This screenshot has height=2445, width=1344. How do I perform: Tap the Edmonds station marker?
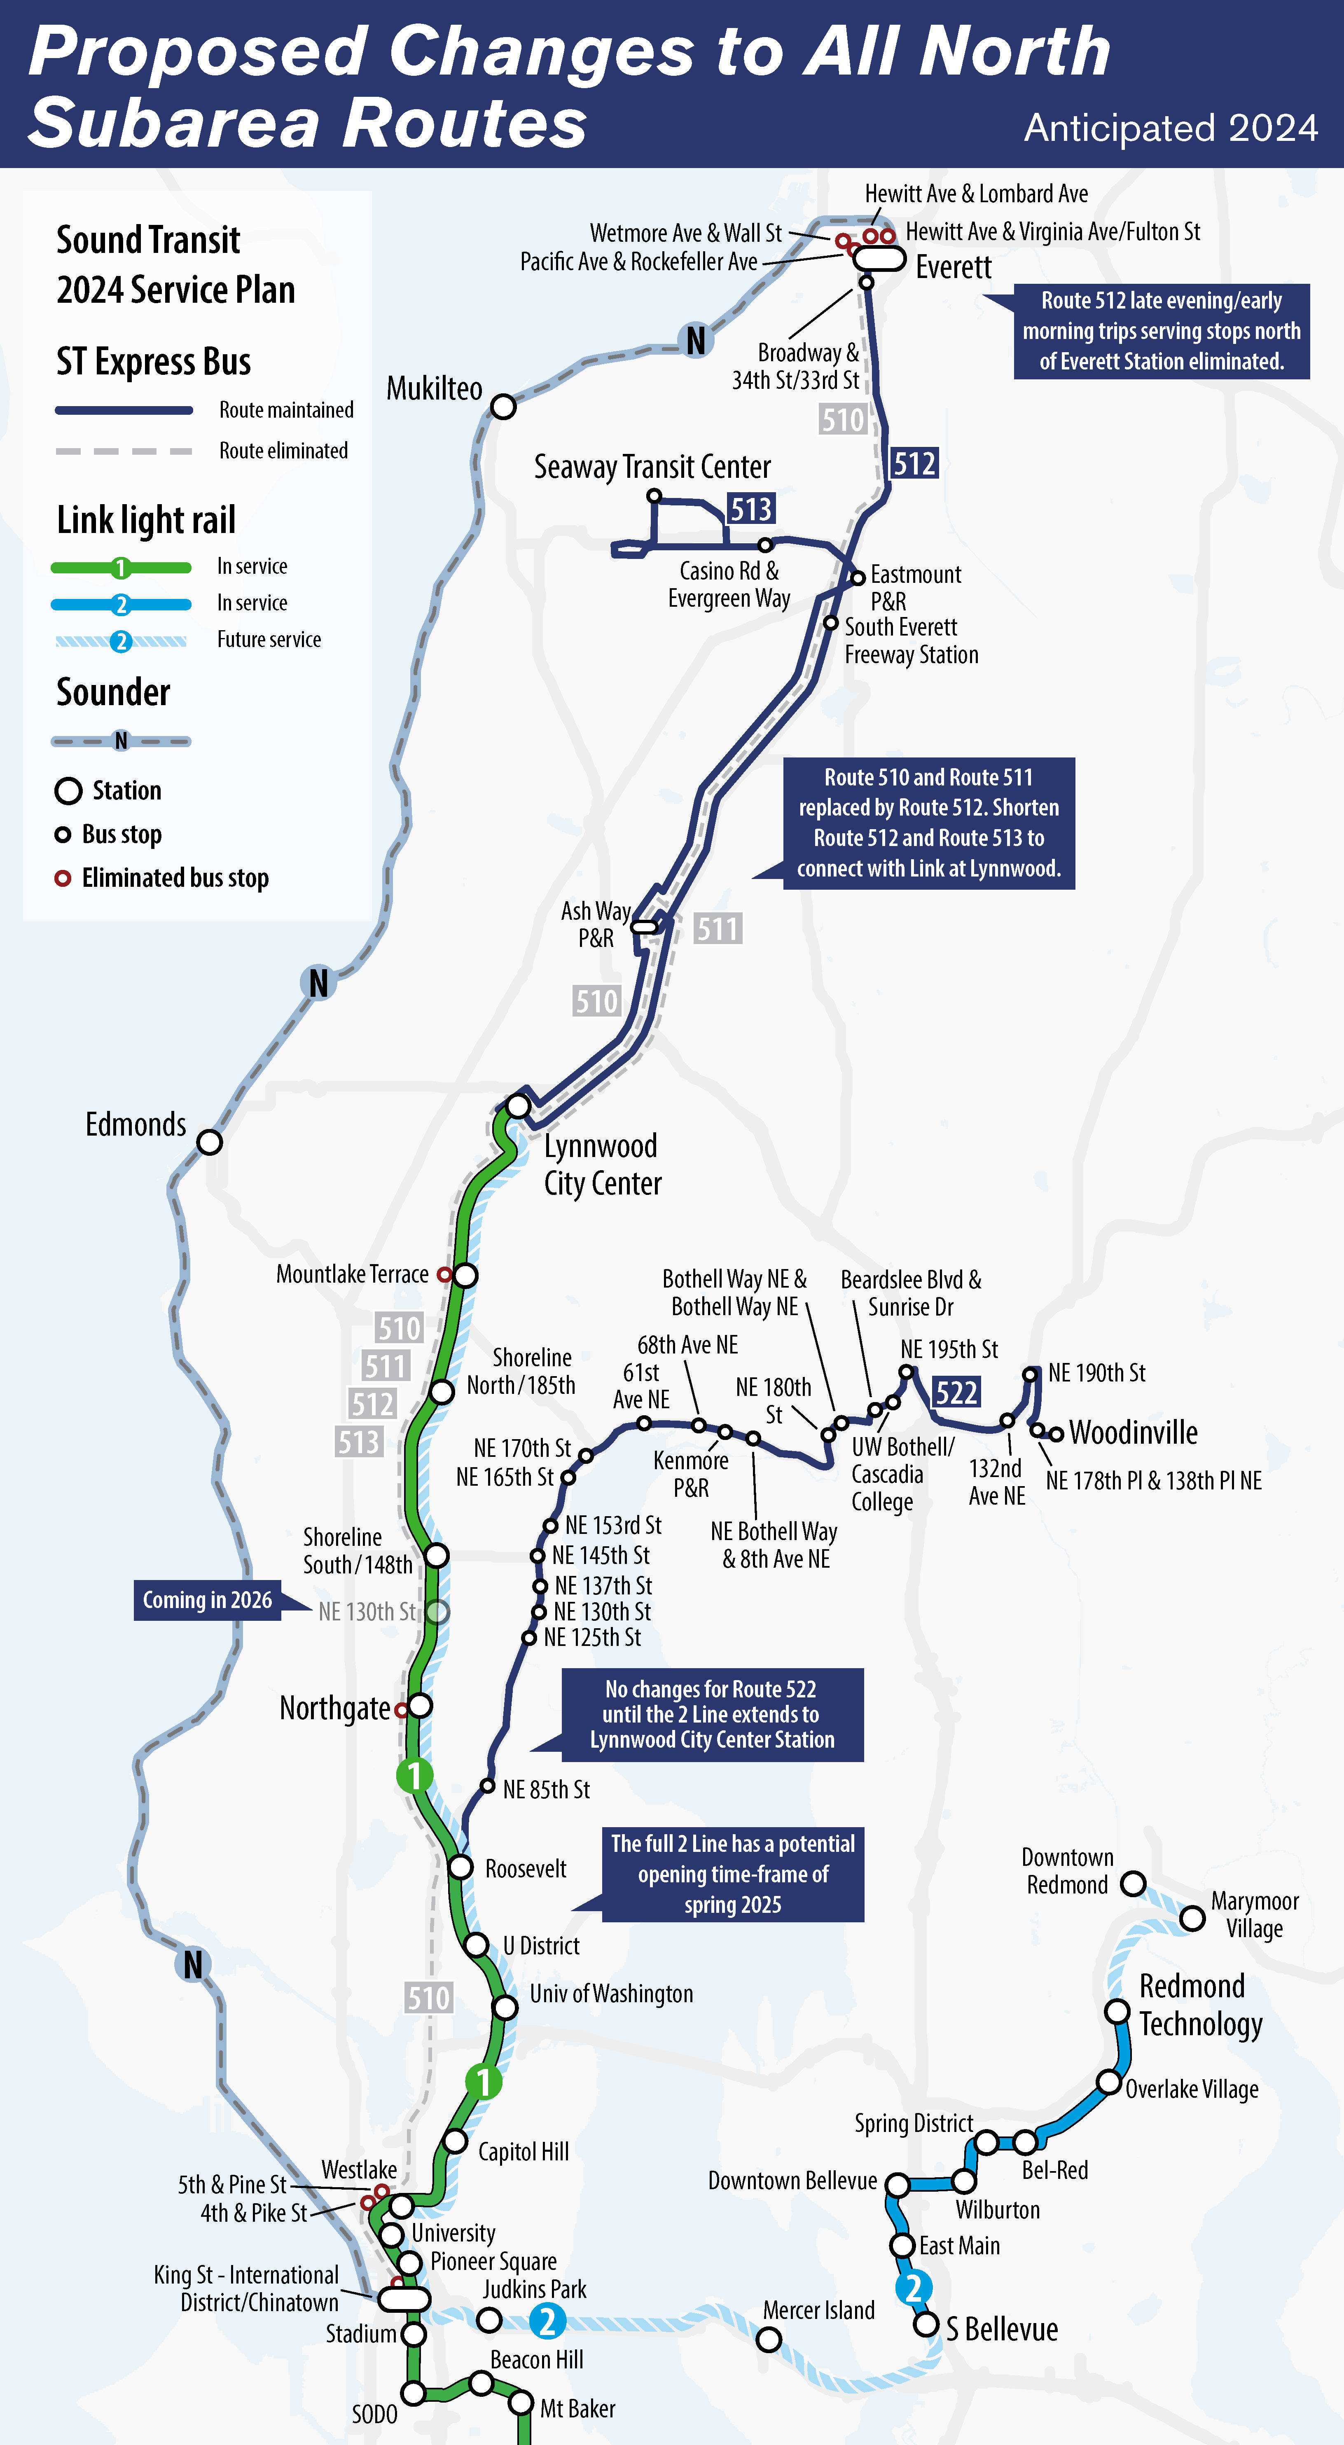(x=210, y=1142)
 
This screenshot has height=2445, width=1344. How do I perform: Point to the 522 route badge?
(x=956, y=1392)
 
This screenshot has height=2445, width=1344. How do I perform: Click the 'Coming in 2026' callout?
(x=207, y=1600)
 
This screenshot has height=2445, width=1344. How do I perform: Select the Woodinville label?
(x=1133, y=1432)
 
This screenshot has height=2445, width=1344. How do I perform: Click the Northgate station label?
(x=334, y=1709)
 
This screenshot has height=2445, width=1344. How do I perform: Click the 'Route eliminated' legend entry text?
(x=283, y=451)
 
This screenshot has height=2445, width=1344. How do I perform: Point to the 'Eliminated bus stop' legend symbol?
(x=63, y=878)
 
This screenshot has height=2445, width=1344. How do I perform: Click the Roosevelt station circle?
(x=460, y=1867)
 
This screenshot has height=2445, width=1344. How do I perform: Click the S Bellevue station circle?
(x=926, y=2324)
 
